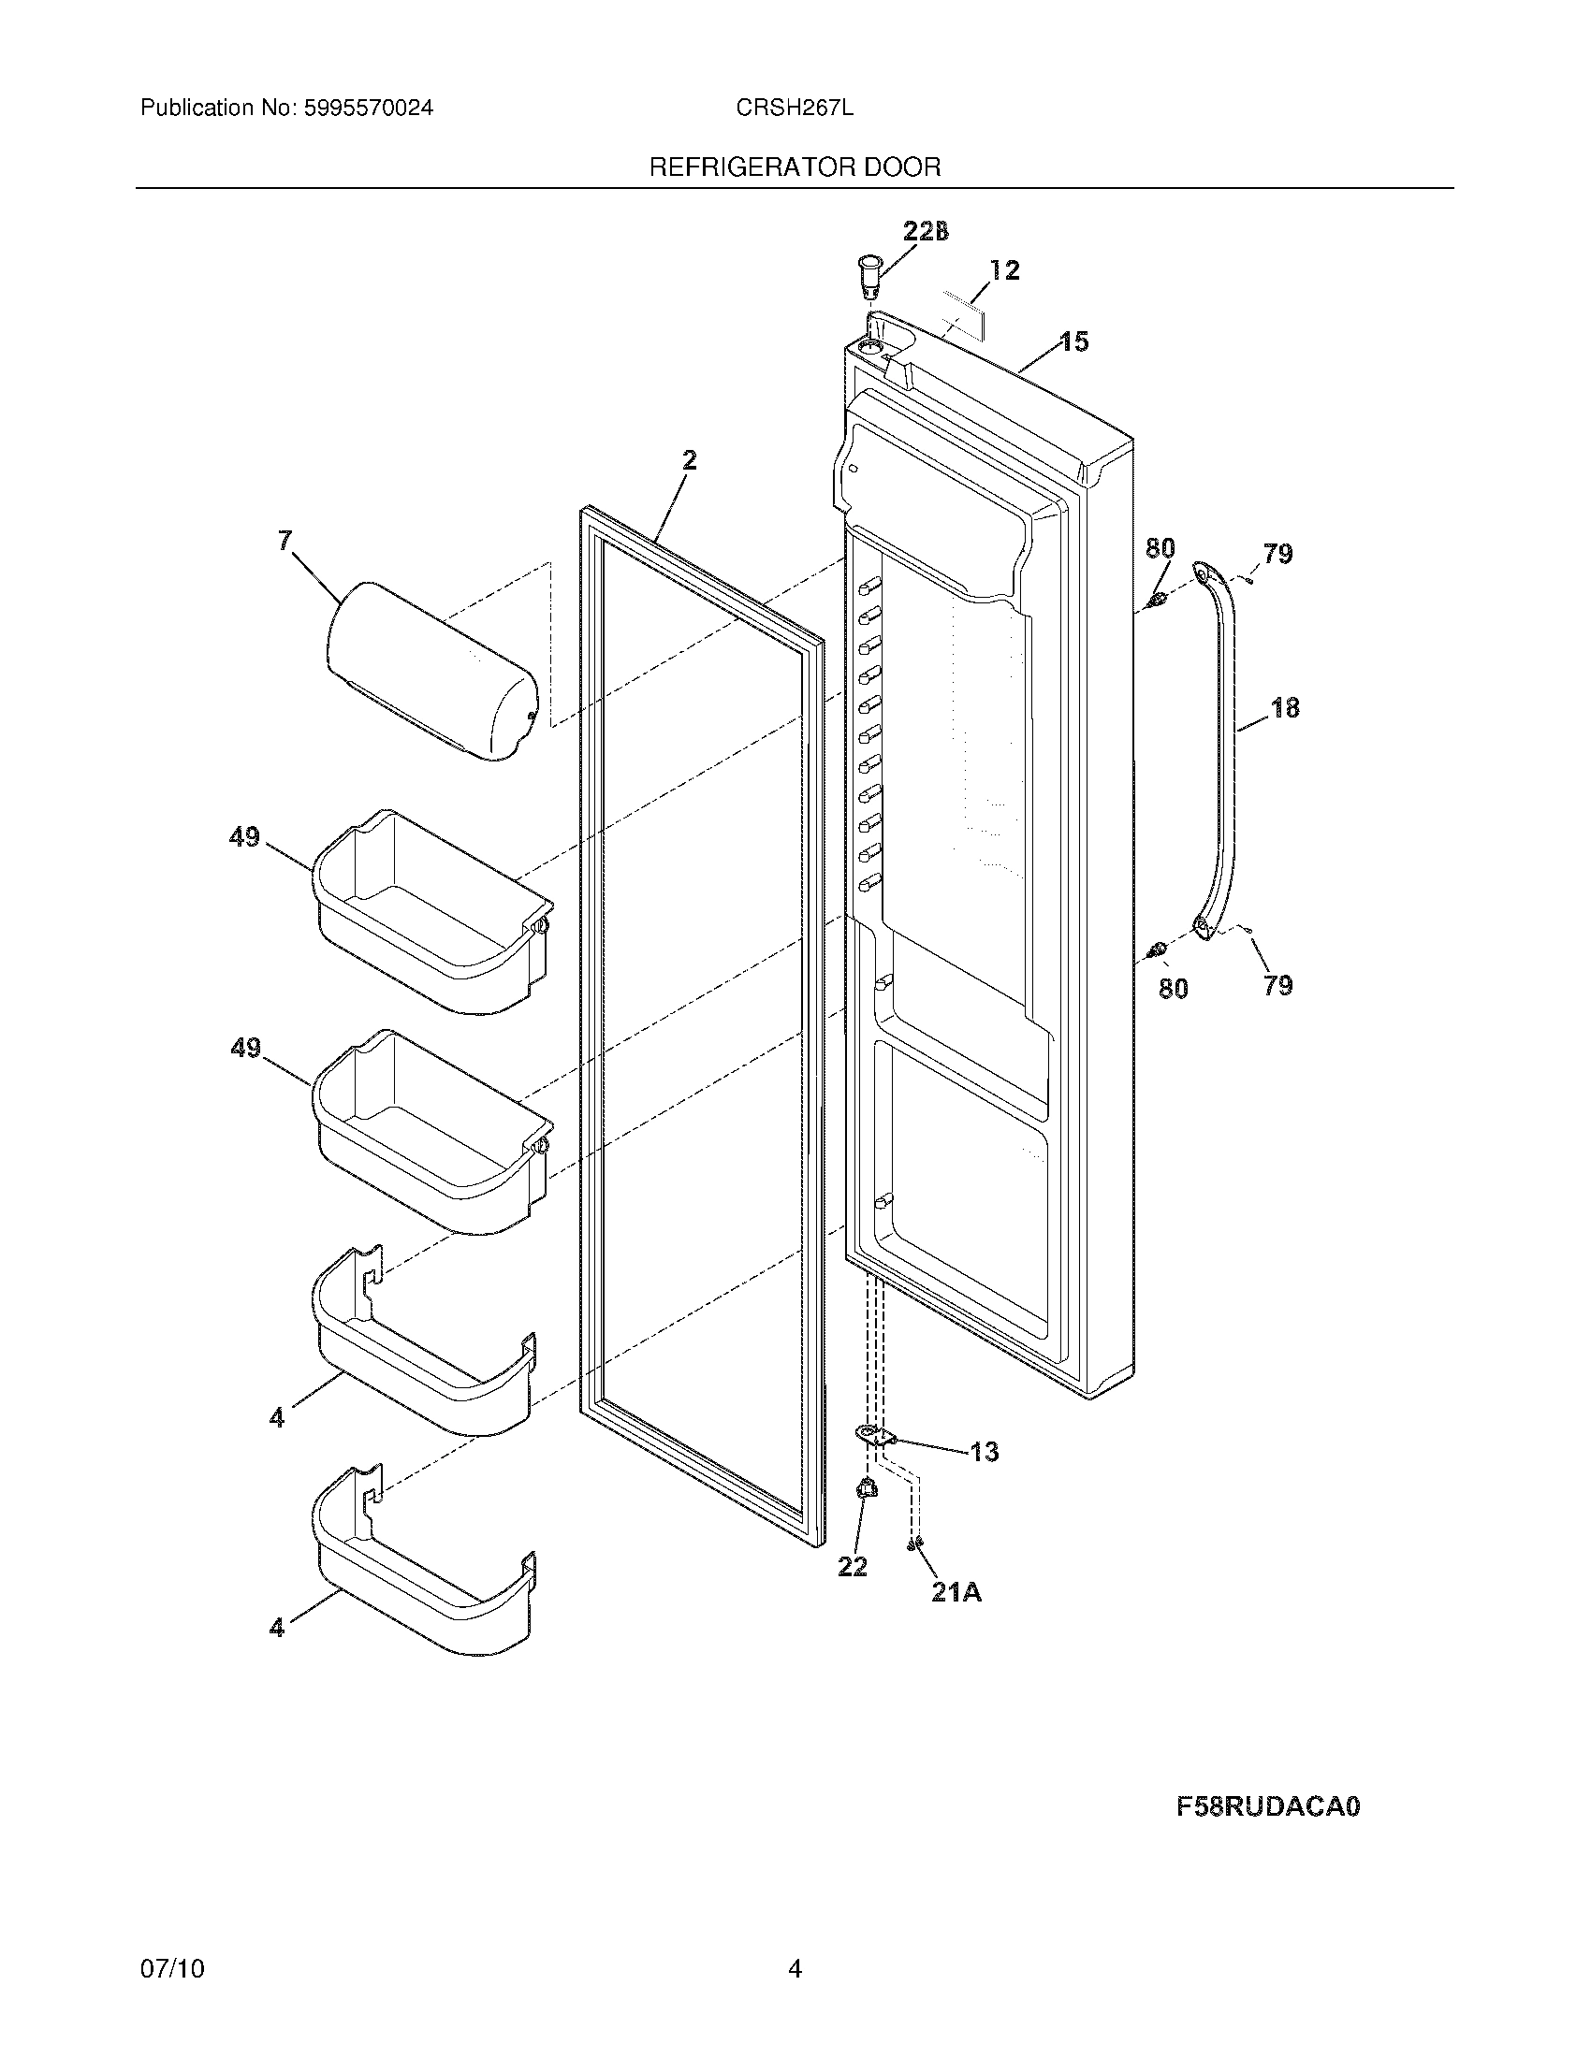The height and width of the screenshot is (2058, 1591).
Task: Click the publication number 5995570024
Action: point(369,109)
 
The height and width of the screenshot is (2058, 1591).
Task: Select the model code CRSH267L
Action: point(795,109)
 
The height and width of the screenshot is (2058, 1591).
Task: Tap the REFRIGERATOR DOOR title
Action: point(795,167)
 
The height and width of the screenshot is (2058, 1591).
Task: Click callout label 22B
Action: point(925,231)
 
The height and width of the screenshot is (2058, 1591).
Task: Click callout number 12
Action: point(1005,270)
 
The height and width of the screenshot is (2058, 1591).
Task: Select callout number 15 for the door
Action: point(1073,341)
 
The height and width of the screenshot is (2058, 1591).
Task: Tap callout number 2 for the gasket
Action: point(689,460)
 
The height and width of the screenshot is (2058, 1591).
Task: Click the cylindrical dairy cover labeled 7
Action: point(430,671)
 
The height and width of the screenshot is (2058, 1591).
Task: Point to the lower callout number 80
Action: point(1173,989)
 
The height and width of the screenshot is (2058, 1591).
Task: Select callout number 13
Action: point(984,1452)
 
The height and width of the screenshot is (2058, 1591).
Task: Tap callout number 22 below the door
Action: point(852,1566)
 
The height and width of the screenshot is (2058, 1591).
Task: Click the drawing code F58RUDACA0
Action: point(1268,1807)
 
